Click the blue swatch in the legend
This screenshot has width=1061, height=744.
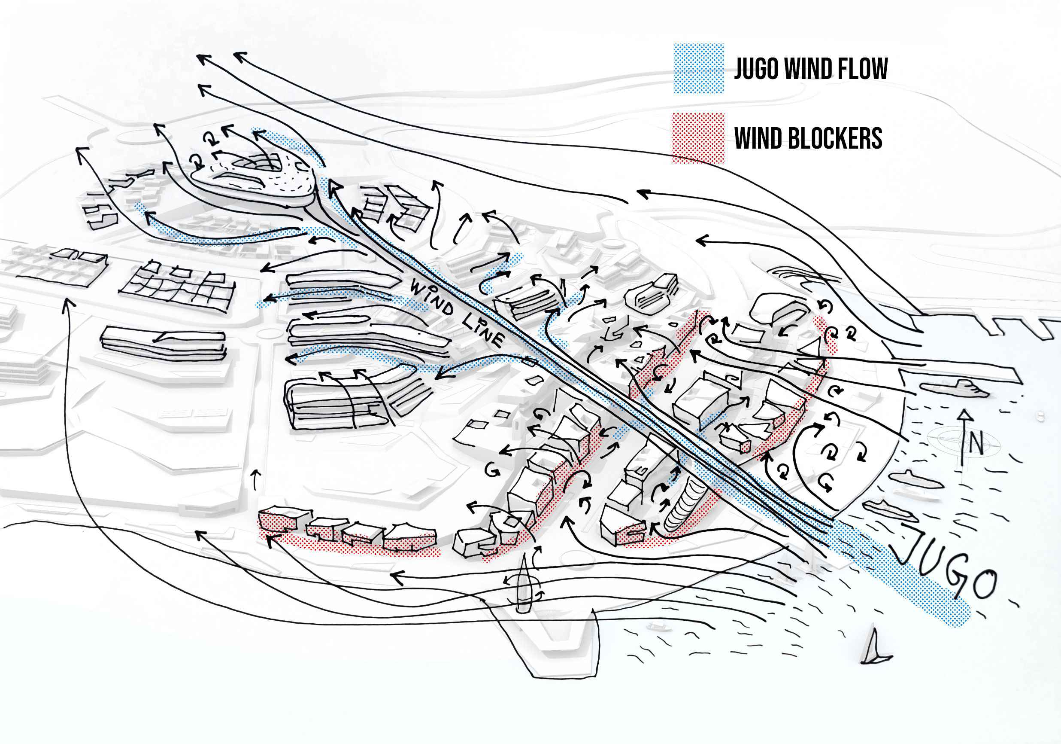(x=698, y=69)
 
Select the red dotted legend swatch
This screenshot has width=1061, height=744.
(x=698, y=138)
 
